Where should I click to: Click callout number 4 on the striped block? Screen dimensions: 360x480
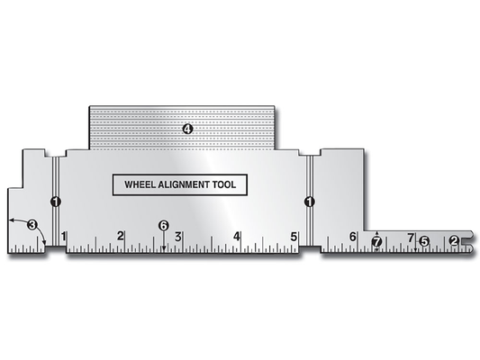(x=187, y=130)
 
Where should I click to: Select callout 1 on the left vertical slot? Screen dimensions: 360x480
(x=55, y=202)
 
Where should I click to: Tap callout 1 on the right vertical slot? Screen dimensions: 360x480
(x=309, y=202)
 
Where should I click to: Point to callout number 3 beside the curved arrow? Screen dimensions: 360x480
(x=32, y=225)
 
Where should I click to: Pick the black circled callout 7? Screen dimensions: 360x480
(x=376, y=241)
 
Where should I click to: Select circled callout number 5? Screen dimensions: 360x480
(x=424, y=240)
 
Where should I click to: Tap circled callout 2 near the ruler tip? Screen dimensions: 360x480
(x=454, y=240)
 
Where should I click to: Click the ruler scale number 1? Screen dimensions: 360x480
(x=63, y=237)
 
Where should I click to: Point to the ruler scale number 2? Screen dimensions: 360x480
(x=121, y=237)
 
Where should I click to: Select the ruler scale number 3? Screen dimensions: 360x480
(x=178, y=237)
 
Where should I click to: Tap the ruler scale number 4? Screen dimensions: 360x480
(x=237, y=237)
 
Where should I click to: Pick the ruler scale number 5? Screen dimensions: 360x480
(x=294, y=237)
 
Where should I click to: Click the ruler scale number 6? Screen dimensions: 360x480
(x=353, y=237)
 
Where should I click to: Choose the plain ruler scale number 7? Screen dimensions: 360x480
(x=411, y=237)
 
